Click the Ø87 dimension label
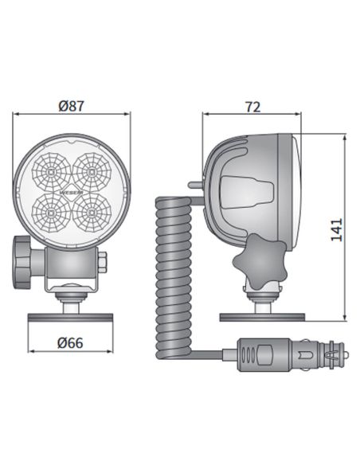(x=71, y=105)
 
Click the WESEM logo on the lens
(x=71, y=191)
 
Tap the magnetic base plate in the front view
(x=71, y=318)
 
